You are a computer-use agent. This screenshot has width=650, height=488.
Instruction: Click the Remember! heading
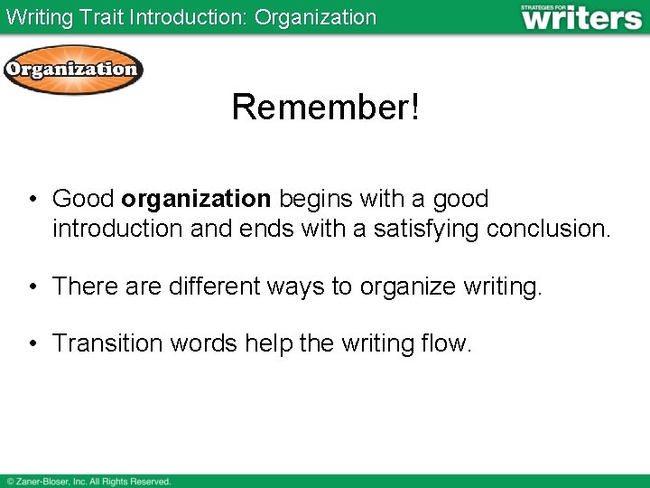click(325, 107)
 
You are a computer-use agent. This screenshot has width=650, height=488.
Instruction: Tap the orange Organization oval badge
click(72, 70)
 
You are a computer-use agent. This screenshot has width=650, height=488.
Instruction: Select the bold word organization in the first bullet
click(196, 199)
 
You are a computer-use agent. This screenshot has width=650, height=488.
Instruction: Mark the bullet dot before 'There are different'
click(32, 287)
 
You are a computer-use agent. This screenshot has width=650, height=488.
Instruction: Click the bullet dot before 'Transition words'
click(32, 344)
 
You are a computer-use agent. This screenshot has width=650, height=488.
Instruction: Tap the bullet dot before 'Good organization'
click(32, 200)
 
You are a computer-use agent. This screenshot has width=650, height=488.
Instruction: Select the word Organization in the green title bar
click(315, 17)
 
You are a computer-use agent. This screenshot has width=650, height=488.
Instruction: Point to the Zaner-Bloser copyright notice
click(88, 482)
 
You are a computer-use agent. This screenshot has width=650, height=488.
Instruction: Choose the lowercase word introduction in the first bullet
click(117, 229)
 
